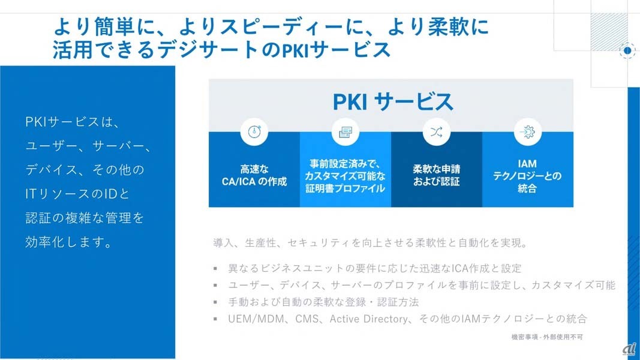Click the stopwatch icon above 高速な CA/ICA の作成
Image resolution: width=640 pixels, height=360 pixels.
(x=254, y=132)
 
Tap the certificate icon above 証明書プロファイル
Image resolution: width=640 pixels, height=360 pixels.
(x=345, y=132)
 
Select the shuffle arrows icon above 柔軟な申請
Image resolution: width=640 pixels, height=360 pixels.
(x=437, y=132)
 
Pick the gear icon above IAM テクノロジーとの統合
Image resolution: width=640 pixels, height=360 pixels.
(x=528, y=132)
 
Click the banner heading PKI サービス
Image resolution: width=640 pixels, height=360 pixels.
(x=392, y=101)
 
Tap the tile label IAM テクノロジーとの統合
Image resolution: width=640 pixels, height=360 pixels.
(x=528, y=176)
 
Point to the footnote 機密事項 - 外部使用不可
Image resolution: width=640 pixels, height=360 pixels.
(x=547, y=337)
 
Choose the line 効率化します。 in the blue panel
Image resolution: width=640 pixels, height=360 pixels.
(x=69, y=242)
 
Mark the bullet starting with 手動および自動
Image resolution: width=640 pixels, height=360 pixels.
(x=323, y=302)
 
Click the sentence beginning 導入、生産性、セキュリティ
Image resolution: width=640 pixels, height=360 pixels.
(x=370, y=244)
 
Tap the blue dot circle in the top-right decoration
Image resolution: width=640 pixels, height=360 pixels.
(x=627, y=50)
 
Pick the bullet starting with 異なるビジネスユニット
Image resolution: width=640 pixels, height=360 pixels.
(x=375, y=268)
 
